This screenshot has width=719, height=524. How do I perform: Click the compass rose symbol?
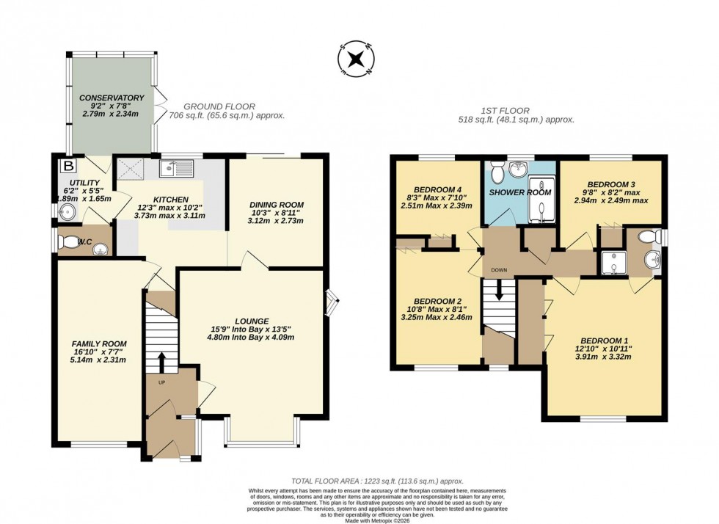[357, 60]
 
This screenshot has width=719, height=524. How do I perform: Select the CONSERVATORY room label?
[112, 98]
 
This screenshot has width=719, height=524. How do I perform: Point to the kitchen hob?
[135, 170]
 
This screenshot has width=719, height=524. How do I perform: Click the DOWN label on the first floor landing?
[499, 270]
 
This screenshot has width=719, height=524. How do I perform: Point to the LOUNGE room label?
[252, 321]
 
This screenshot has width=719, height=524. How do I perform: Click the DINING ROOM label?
[276, 205]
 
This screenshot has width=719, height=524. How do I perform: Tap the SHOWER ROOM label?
[520, 192]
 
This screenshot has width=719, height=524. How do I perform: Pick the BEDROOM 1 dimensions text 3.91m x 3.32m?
[605, 357]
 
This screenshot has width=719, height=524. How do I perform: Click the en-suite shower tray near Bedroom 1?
[611, 262]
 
